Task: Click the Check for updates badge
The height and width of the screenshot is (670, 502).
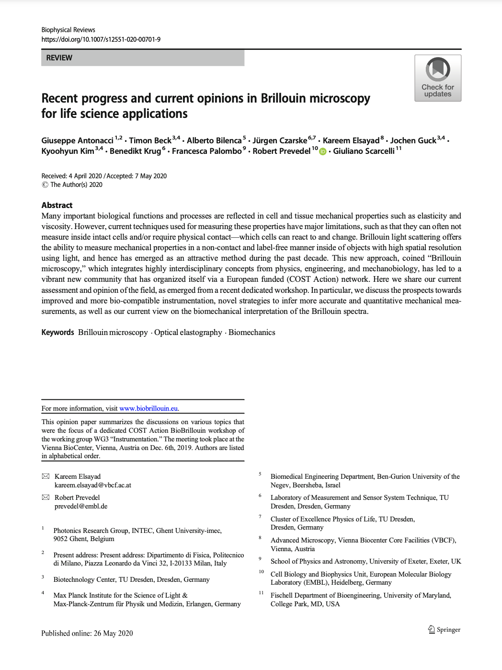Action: tap(438, 78)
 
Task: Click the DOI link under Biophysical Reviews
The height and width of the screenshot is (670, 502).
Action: tap(101, 39)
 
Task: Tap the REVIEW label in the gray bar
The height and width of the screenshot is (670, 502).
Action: tap(59, 58)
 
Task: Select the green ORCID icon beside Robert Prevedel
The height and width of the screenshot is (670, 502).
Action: tap(322, 152)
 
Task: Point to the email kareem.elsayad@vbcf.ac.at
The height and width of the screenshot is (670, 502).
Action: tap(93, 485)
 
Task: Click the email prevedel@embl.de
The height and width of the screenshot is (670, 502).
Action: tap(81, 506)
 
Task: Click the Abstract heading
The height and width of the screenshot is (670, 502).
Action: tap(57, 205)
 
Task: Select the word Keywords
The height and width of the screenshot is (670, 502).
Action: tap(57, 333)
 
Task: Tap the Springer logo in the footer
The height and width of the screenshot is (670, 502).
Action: tap(444, 629)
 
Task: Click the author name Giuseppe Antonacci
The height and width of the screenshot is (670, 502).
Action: tap(77, 140)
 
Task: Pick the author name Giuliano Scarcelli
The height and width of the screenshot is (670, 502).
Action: tap(364, 151)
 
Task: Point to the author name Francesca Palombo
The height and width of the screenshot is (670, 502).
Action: tap(206, 151)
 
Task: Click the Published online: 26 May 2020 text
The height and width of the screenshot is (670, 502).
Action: tap(87, 633)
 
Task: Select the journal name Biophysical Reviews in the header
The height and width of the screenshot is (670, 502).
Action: tap(68, 30)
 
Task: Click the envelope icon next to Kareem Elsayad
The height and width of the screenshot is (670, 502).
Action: tap(46, 476)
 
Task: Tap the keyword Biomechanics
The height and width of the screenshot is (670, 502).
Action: tap(251, 333)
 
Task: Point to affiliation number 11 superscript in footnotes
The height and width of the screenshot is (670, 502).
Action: tap(261, 593)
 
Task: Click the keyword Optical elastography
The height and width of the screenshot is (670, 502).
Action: tap(188, 333)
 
